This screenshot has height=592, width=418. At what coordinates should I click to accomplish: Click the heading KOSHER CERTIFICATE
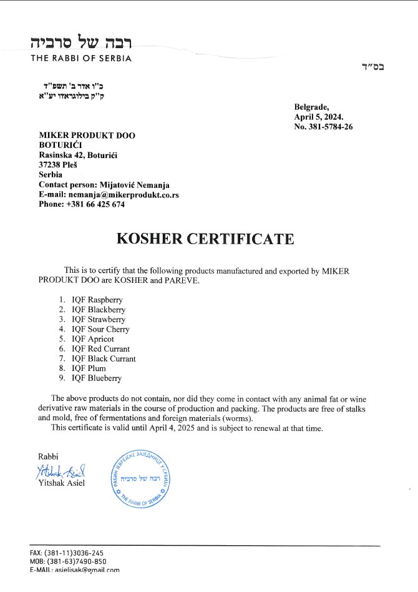point(205,240)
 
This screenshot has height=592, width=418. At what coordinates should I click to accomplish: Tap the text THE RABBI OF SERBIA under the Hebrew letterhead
point(81,59)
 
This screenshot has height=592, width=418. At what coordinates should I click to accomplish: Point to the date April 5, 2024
point(318,117)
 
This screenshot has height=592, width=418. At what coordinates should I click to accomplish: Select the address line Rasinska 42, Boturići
point(78,155)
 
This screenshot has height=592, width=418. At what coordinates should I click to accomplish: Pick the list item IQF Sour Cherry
point(100,329)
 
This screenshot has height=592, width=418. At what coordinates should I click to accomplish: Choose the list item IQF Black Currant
point(104,358)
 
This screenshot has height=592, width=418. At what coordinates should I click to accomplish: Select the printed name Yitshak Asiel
point(61,482)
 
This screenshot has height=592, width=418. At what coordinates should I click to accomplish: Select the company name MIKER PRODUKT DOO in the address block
point(87,136)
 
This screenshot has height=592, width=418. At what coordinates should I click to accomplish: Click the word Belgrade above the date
point(311,107)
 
